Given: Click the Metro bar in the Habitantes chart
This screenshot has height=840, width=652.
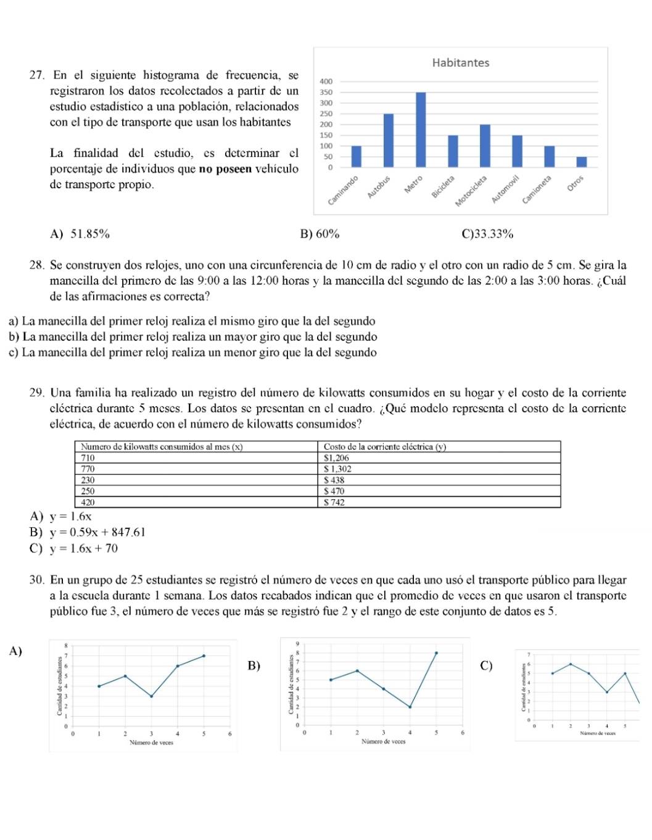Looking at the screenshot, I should click(x=421, y=130).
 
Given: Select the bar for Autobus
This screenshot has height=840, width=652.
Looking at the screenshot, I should click(x=389, y=140).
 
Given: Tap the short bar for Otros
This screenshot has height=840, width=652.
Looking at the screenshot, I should click(x=582, y=162).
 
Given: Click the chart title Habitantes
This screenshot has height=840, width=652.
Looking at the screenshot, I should click(x=460, y=63).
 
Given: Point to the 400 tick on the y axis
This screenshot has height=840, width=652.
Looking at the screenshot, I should click(x=326, y=81).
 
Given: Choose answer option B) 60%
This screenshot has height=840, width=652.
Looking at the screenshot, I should click(x=320, y=234).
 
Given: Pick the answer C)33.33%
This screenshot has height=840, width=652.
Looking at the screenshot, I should click(x=487, y=234).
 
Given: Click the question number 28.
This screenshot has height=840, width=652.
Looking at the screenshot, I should click(x=36, y=265).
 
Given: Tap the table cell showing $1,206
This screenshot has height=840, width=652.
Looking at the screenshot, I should click(x=336, y=458).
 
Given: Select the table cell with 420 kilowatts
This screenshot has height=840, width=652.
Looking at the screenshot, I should click(x=88, y=502).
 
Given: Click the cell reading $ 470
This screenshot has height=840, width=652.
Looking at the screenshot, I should click(x=334, y=491).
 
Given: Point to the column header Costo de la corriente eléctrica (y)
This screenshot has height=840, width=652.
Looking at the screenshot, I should click(x=384, y=447).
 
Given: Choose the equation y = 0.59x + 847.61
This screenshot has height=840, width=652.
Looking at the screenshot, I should click(x=97, y=533).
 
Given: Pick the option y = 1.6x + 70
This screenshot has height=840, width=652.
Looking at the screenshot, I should click(x=84, y=549).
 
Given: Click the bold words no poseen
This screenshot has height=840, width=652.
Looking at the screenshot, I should click(x=225, y=169).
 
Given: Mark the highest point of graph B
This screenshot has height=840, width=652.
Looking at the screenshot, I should click(x=436, y=652).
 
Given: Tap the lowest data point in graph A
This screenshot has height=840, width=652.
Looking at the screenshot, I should click(x=151, y=696).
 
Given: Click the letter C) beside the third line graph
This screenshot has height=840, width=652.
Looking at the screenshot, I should click(x=486, y=666).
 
